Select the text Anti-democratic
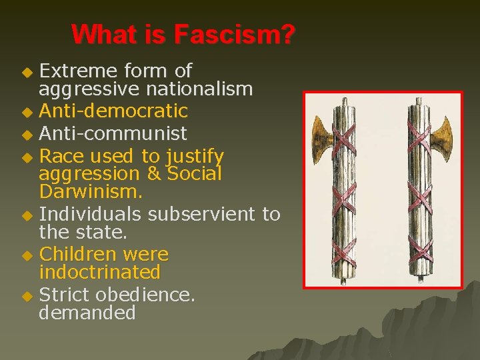113,110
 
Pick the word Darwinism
89,192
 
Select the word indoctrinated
99,272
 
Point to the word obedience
145,295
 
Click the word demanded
87,313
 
